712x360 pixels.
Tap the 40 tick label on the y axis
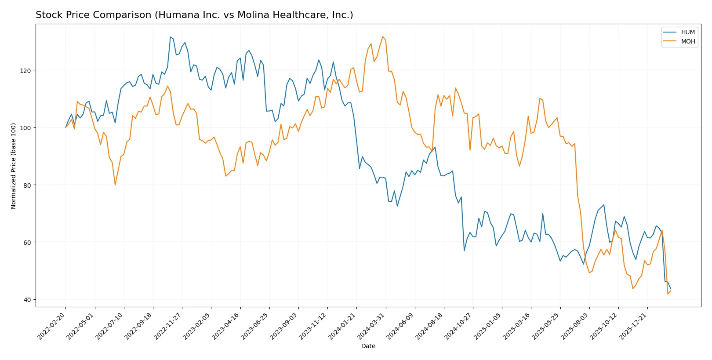coord(27,300)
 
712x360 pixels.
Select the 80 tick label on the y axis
coord(27,185)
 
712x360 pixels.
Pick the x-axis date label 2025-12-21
coord(634,326)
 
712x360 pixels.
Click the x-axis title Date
coord(368,346)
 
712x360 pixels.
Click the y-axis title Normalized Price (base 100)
coord(14,166)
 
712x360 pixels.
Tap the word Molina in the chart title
coord(252,15)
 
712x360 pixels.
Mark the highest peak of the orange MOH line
coord(383,36)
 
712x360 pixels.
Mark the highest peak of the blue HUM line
coord(170,37)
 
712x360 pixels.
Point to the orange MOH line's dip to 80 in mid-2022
coord(115,185)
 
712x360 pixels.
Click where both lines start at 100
coord(66,127)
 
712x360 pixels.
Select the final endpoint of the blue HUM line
coord(671,289)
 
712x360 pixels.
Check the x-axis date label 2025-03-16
coord(517,326)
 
